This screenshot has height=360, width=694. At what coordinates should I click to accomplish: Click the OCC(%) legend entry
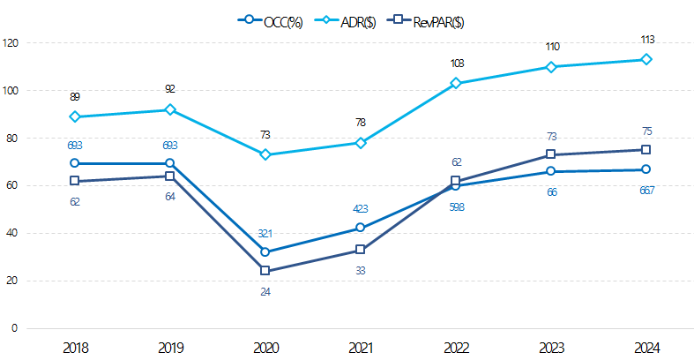pos(271,22)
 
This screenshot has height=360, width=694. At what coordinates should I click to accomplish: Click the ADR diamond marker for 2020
pos(266,154)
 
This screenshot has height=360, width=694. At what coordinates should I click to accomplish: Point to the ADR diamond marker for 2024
pos(646,59)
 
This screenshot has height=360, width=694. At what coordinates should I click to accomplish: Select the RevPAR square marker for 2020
pos(266,271)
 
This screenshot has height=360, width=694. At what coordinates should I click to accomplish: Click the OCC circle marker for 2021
pos(361,228)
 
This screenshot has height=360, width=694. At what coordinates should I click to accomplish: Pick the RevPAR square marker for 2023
pos(551,154)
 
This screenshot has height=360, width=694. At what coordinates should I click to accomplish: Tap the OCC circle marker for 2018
pos(75,163)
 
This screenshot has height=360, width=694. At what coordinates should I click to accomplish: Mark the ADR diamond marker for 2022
pos(456,83)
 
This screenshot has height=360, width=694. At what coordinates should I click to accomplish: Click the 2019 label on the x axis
pos(170,349)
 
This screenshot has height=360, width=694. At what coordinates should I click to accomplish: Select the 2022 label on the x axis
pos(456,349)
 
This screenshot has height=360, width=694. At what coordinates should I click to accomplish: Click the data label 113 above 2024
pos(646,40)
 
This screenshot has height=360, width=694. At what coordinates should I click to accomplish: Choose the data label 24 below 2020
pos(266,290)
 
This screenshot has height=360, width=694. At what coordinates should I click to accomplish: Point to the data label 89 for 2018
pos(75,97)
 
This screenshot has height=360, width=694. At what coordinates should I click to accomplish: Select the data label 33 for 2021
pos(361,270)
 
